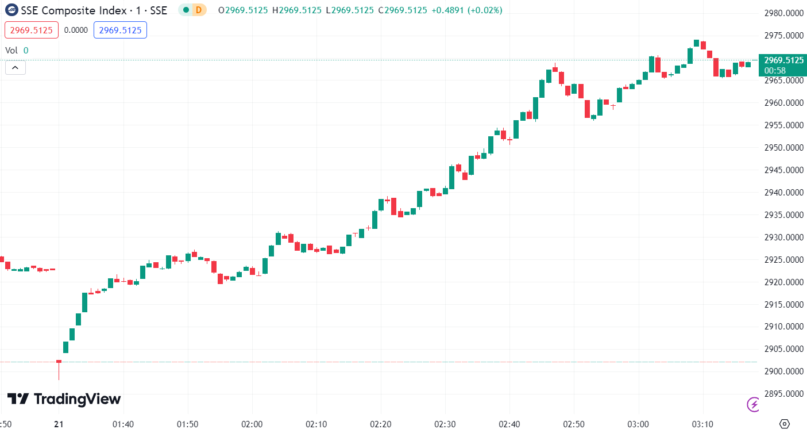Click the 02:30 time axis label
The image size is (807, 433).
445,424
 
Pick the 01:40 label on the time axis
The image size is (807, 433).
123,424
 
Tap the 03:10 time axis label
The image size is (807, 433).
702,424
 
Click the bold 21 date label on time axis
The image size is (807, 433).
59,424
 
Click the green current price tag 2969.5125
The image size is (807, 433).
782,60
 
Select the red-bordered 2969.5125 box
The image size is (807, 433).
32,30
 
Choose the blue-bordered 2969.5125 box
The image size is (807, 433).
120,30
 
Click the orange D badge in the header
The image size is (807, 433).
199,10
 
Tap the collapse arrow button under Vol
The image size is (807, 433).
16,68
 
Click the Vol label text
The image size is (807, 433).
11,50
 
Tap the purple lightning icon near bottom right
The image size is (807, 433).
752,404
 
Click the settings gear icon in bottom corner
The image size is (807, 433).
785,424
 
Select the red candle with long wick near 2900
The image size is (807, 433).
59,362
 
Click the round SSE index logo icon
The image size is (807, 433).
11,10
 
